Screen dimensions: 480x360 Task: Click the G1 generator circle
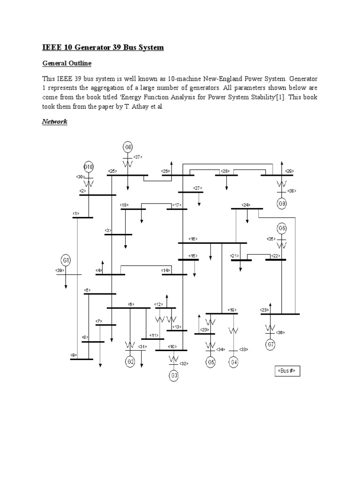coord(66,260)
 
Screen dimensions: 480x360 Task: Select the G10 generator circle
coord(89,167)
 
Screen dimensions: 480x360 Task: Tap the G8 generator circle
coord(128,147)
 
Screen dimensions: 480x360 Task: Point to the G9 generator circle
coord(282,203)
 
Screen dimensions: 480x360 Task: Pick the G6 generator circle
coord(282,228)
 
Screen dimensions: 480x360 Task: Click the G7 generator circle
coord(270,345)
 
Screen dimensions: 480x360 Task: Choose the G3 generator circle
coord(174,375)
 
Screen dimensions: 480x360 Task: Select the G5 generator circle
coord(211,362)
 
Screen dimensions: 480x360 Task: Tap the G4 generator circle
coord(234,362)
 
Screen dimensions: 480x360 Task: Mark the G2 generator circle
coord(130,361)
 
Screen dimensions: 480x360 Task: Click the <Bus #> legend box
coord(287,371)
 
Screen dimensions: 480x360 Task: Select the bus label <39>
coord(60,270)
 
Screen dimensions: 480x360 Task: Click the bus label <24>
coord(246,205)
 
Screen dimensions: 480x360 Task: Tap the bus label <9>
coord(74,355)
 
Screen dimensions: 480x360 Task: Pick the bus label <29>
coord(290,171)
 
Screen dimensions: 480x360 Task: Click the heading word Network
coord(55,121)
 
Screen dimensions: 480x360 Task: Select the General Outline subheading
coord(67,63)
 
